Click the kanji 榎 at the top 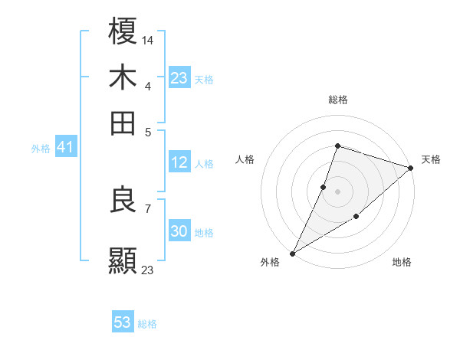123,33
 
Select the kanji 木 123,77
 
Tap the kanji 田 123,122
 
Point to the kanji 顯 123,260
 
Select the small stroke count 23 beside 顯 148,269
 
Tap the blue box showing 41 64,148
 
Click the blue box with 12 179,162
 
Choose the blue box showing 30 179,232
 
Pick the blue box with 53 123,322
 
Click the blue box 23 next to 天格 179,78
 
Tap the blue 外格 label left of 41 41,149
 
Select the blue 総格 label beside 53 147,324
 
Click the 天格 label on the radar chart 431,159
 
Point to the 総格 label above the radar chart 337,100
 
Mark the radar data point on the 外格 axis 292,253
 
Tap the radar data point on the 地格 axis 356,218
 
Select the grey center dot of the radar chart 337,191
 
